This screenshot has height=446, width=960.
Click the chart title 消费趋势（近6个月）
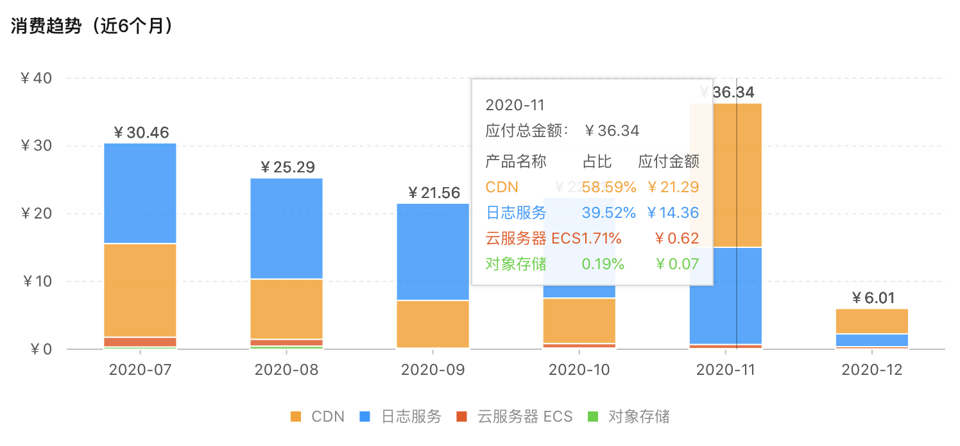[92, 26]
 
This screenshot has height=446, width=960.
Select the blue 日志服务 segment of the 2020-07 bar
[140, 193]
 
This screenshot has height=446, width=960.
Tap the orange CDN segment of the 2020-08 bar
[287, 308]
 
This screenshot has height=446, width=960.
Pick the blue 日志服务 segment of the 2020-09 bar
[433, 251]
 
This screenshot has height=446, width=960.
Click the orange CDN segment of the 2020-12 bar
[871, 321]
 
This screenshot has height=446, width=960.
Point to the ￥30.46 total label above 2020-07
[141, 133]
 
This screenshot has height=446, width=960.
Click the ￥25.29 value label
[287, 168]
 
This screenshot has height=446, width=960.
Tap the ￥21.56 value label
[434, 193]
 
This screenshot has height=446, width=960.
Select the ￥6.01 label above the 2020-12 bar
[873, 298]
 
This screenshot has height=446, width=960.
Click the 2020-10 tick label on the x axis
[579, 370]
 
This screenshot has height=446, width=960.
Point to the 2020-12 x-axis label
[871, 370]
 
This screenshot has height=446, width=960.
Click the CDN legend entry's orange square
[296, 417]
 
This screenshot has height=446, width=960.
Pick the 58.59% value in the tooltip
[608, 187]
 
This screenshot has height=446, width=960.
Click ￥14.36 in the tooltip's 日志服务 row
[673, 213]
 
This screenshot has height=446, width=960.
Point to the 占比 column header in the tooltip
[597, 161]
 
